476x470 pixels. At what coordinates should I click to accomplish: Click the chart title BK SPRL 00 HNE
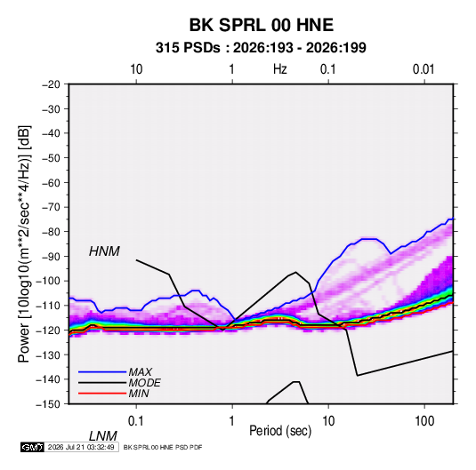(x=262, y=25)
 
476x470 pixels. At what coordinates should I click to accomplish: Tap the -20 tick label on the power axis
(x=51, y=84)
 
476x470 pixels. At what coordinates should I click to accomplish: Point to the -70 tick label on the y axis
(x=51, y=207)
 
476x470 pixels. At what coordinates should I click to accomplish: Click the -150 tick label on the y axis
(x=49, y=404)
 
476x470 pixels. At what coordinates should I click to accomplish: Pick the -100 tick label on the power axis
(x=49, y=281)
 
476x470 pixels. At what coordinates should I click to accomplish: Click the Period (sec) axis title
(x=280, y=431)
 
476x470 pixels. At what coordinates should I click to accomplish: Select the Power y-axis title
(x=24, y=244)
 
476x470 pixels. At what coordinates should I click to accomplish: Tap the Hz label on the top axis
(x=280, y=69)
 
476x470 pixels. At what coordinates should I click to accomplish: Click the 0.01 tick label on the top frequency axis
(x=424, y=69)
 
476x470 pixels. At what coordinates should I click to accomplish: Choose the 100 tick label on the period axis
(x=424, y=421)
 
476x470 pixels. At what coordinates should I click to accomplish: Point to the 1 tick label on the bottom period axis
(x=232, y=421)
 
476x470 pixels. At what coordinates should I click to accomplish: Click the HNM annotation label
(x=104, y=251)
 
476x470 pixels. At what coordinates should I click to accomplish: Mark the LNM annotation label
(x=103, y=436)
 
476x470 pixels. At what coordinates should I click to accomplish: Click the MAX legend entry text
(x=141, y=372)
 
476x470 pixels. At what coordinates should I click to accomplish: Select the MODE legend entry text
(x=144, y=383)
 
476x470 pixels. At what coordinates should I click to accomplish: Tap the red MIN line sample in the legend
(x=102, y=394)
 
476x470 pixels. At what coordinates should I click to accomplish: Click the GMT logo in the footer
(x=32, y=447)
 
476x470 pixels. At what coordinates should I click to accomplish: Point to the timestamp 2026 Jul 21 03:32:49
(x=81, y=447)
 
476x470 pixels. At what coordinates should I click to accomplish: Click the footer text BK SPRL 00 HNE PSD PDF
(x=163, y=447)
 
